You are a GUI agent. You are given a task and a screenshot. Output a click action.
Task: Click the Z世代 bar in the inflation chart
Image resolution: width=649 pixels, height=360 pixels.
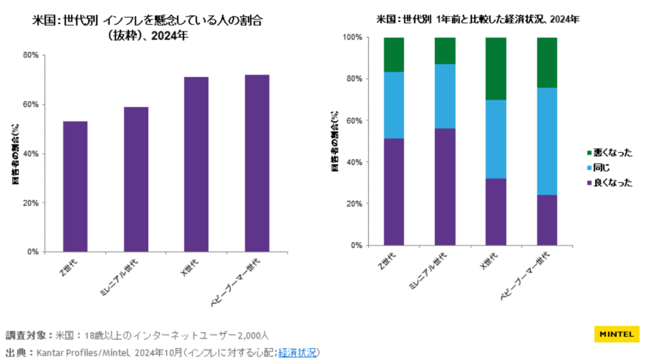[x=75, y=186]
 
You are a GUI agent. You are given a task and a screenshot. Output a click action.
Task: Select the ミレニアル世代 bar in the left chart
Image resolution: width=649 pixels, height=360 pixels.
[x=136, y=179]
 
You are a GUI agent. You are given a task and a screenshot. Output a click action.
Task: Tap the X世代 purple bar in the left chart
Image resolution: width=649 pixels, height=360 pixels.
[x=196, y=164]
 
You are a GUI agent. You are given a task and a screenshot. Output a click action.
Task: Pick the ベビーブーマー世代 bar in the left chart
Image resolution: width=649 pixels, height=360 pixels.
[x=257, y=163]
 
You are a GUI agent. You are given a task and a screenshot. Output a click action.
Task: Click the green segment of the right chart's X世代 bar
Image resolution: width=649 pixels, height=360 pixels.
[x=496, y=68]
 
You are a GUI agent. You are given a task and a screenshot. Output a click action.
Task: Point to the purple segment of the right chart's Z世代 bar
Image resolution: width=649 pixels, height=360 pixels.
[x=394, y=191]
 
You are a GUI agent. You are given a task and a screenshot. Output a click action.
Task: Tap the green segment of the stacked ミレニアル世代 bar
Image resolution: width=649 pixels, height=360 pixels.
[x=445, y=51]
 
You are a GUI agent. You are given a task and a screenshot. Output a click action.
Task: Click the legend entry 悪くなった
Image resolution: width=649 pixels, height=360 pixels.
[x=610, y=153]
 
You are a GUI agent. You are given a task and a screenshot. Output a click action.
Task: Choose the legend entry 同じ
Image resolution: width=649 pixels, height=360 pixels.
[x=601, y=167]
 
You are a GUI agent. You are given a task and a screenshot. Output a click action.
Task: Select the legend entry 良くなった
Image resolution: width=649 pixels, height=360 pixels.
[x=610, y=183]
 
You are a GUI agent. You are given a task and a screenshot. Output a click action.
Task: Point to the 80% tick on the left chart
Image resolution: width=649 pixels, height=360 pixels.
[x=30, y=55]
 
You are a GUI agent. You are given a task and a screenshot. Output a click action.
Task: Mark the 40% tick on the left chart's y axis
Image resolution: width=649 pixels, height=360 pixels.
[x=30, y=153]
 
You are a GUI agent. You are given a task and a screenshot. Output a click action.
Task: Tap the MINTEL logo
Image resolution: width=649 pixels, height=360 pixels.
[x=616, y=334]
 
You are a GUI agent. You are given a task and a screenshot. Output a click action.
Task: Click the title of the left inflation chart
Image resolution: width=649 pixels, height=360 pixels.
[x=148, y=27]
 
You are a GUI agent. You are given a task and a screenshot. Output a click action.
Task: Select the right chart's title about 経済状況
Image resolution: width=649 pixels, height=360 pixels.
[x=477, y=19]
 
